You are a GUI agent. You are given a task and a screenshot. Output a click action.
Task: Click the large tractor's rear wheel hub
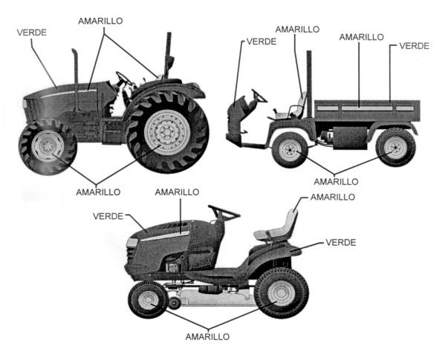pos(167,132)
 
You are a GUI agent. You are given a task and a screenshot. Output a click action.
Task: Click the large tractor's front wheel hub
pos(48,146)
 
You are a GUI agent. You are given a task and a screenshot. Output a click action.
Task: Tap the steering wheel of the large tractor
pos(124,78)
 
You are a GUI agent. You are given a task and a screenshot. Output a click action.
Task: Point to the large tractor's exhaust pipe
pos(76,80)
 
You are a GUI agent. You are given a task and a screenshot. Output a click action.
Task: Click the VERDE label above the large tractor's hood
pos(32,33)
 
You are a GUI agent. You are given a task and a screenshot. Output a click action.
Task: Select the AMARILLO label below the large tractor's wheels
pos(98,192)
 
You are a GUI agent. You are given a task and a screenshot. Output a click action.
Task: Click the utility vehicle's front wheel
pos(290,150)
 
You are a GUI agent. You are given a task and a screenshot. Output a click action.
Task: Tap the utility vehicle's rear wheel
pos(395,148)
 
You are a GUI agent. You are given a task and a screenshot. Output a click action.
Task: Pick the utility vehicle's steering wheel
pos(259,96)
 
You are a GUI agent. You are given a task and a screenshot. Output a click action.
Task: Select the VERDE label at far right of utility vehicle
pos(414,46)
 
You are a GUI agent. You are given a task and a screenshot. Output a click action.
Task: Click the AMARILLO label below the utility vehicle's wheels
pos(336,182)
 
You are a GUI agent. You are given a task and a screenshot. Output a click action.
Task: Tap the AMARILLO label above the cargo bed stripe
pos(361,37)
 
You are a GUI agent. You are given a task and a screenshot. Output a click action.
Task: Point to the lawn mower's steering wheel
pos(224,212)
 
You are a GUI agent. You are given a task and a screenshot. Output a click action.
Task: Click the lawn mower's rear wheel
pos(282,292)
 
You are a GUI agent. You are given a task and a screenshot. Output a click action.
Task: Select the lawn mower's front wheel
pos(148,300)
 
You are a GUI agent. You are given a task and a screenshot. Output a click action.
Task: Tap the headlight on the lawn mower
pos(132,243)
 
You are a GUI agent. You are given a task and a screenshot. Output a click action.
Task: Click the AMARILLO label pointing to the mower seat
pos(333,197)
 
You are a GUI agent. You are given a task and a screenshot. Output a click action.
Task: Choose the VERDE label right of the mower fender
pos(340,243)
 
